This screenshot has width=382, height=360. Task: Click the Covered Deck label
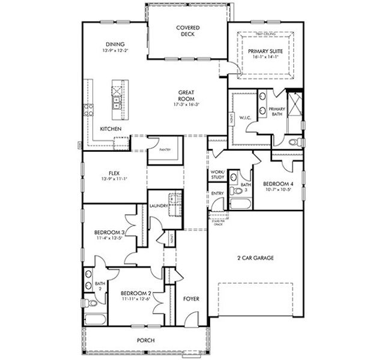(187, 31)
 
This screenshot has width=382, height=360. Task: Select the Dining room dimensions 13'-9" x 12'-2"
(115, 51)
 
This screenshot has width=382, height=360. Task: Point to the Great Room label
(186, 95)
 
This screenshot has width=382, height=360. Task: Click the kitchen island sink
(115, 93)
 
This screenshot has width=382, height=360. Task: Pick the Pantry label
(165, 150)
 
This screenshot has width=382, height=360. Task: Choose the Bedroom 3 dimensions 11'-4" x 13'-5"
(109, 238)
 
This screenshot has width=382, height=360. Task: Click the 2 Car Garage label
(255, 258)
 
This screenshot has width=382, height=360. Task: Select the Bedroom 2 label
(136, 293)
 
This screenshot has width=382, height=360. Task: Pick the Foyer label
(191, 298)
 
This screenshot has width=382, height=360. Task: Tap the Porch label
(146, 341)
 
